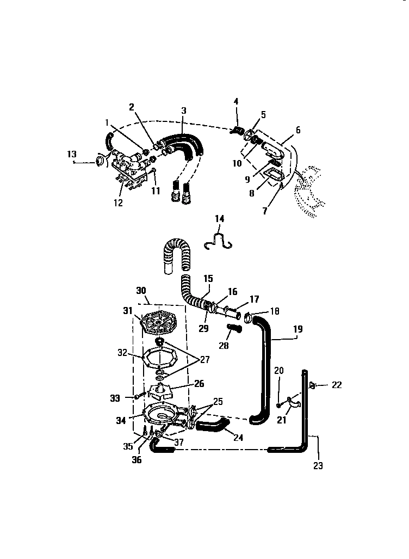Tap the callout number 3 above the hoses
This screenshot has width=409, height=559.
tap(184, 110)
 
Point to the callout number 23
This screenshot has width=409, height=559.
tap(318, 465)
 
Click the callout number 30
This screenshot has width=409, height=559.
tap(141, 291)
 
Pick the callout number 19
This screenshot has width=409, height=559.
tap(298, 329)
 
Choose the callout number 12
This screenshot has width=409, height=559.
tap(118, 203)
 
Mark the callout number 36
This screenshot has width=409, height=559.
tap(137, 460)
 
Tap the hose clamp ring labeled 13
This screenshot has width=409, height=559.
tap(100, 161)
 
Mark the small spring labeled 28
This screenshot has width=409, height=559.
tap(233, 329)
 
